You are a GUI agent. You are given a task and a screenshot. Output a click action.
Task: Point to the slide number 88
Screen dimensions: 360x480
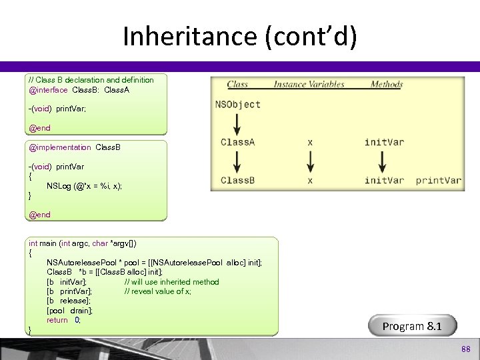465,349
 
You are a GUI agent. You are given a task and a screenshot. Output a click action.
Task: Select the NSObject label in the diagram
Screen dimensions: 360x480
237,104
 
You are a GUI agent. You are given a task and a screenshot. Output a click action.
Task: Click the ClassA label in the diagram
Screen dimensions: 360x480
237,142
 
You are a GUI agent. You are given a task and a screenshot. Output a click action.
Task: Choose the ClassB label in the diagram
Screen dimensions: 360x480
237,180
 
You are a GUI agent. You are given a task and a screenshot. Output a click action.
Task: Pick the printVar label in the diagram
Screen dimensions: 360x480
438,180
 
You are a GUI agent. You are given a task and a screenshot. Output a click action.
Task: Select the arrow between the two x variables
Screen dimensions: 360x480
309,161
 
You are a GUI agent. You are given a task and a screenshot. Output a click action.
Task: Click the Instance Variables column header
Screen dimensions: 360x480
309,85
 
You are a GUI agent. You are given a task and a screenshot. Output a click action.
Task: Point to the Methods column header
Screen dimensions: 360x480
386,85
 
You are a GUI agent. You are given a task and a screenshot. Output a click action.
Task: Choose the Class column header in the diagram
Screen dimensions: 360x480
237,85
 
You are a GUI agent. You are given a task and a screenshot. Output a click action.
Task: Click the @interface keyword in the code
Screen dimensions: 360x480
48,90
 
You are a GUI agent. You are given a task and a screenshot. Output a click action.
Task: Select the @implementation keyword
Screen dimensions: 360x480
60,147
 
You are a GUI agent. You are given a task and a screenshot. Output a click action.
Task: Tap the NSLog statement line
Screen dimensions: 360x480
84,186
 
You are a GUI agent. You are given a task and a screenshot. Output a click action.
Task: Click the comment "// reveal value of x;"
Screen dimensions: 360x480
157,291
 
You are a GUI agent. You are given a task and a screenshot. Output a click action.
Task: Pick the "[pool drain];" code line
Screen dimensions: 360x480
69,311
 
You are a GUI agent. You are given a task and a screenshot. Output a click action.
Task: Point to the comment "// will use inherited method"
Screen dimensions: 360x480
171,282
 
